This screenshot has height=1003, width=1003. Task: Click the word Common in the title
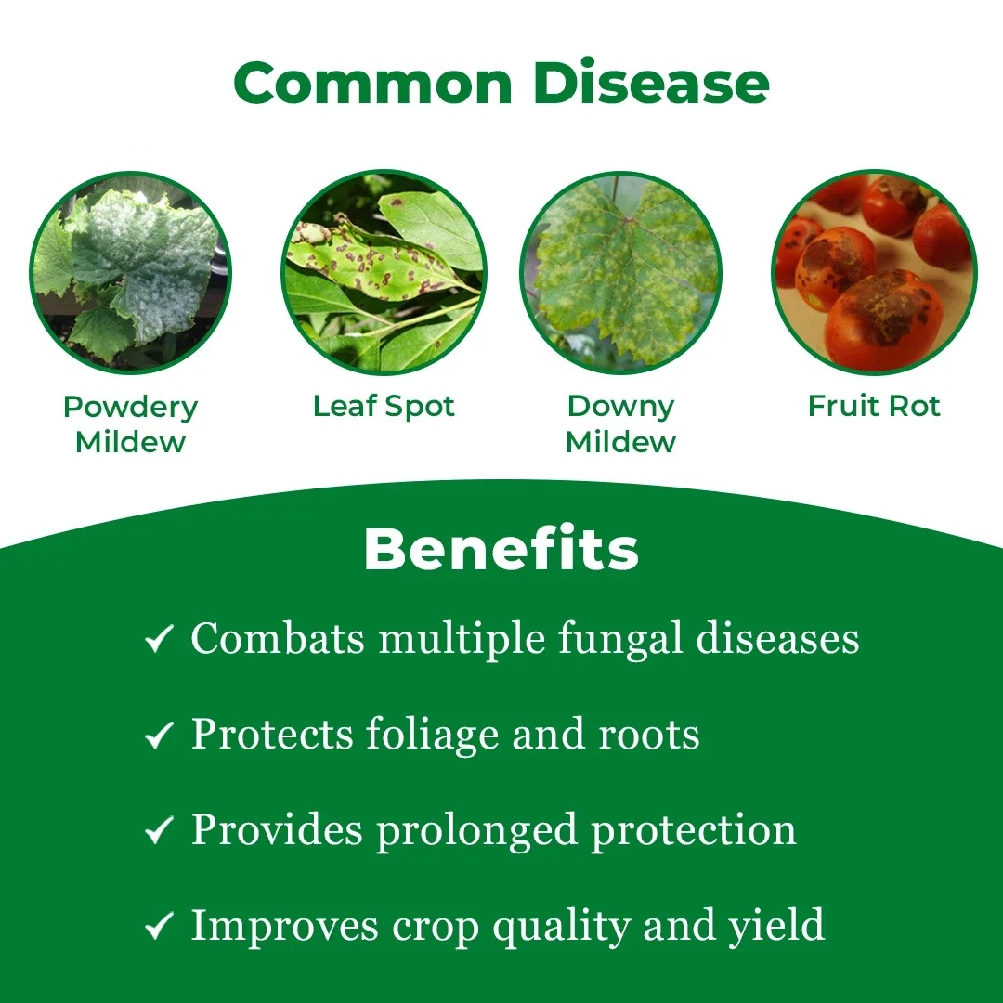point(373,84)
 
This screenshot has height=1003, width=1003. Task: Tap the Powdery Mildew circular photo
point(131,272)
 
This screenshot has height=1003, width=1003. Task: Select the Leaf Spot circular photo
point(384,272)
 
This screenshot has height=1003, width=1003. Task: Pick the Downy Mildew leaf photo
point(621,272)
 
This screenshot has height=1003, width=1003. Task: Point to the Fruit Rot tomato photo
point(875,272)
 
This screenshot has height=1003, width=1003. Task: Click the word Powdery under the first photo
point(131,408)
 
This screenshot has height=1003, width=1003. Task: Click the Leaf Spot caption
point(384,406)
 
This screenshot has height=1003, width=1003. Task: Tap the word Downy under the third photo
point(621,408)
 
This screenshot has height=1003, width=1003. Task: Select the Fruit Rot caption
point(875,406)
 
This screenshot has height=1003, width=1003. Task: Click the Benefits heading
point(501,549)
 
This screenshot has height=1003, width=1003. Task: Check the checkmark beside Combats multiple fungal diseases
point(160,638)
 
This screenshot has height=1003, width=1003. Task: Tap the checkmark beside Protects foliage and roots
point(160,735)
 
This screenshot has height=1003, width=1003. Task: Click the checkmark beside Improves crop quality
point(160,926)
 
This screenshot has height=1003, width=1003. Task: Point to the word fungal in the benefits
point(620,641)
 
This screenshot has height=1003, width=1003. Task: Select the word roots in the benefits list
point(648,735)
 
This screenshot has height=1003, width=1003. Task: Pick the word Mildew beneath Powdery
point(131,442)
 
